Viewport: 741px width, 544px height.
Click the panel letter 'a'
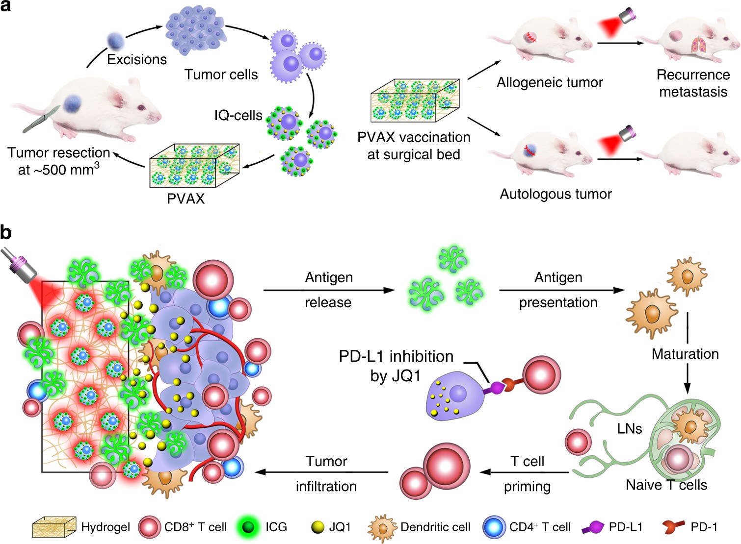point(5,6)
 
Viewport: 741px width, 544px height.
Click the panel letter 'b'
point(6,232)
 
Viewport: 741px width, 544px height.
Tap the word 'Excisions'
point(137,59)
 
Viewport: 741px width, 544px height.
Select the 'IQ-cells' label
point(238,115)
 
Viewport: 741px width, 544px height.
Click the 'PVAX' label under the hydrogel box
point(185,198)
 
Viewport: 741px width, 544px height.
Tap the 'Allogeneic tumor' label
point(550,82)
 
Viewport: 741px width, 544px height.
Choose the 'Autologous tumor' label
point(556,194)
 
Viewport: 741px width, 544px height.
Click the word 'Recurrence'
point(693,74)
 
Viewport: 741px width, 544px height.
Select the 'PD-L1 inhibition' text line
point(396,356)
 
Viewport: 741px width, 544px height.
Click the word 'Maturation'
point(685,354)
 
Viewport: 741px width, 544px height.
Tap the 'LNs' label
point(630,429)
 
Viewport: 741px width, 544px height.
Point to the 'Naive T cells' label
point(666,485)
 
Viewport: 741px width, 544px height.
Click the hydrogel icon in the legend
point(54,527)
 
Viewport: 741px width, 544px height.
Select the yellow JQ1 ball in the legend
point(318,527)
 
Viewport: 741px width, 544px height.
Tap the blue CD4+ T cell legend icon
point(494,527)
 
